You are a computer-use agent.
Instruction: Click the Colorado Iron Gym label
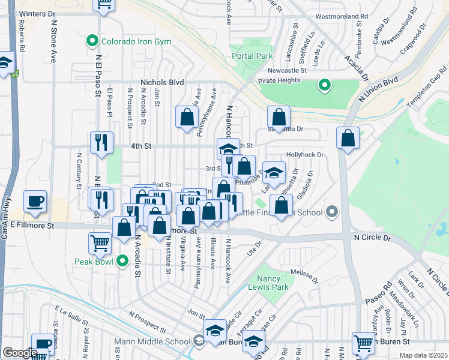click(x=136, y=41)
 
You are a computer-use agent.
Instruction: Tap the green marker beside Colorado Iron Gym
click(x=92, y=41)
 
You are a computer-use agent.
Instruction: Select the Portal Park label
click(x=252, y=56)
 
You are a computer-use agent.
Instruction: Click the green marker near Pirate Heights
click(x=325, y=85)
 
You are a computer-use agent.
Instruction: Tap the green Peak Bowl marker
click(x=122, y=261)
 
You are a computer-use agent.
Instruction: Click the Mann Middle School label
click(x=152, y=343)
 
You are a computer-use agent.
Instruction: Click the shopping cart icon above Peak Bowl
click(x=100, y=243)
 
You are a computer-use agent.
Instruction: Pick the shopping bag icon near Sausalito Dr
click(x=279, y=116)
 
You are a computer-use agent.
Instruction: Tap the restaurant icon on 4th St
click(x=100, y=142)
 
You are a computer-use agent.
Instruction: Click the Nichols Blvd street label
click(x=161, y=83)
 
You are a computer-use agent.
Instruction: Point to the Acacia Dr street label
click(x=356, y=66)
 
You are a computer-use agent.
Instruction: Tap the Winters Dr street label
click(x=37, y=13)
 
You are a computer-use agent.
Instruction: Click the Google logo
click(x=20, y=353)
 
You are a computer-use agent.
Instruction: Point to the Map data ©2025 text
click(x=423, y=355)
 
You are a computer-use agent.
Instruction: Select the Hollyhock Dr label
click(x=305, y=154)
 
